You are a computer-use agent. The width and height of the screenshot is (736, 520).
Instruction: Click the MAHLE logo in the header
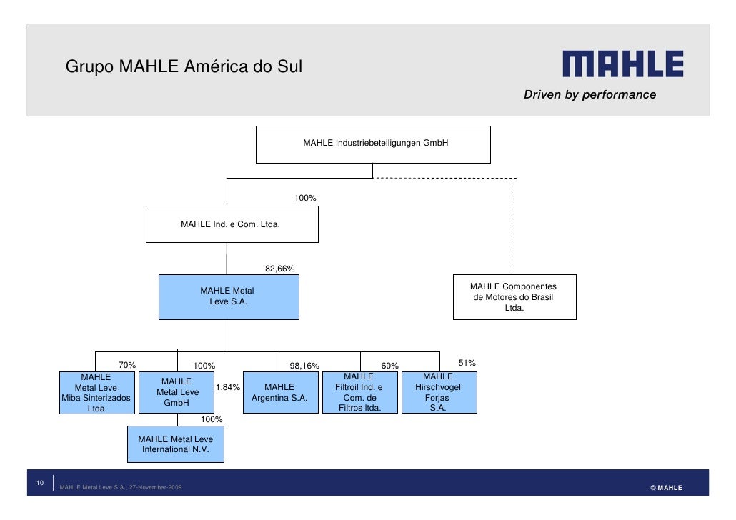(622, 64)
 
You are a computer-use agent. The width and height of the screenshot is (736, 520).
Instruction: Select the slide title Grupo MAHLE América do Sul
(184, 67)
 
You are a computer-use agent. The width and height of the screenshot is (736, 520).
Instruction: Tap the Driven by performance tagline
(590, 94)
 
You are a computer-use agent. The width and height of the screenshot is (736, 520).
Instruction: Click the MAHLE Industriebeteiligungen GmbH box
(373, 144)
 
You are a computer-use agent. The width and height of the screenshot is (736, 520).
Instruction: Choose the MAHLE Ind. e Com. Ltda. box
(232, 224)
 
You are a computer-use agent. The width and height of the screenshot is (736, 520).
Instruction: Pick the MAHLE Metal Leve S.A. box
(229, 296)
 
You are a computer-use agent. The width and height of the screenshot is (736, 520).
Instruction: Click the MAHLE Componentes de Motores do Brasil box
(514, 297)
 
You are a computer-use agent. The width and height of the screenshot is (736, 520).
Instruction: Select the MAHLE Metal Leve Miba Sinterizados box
(96, 393)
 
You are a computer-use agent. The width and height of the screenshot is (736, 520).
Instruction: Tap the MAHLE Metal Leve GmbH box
(177, 392)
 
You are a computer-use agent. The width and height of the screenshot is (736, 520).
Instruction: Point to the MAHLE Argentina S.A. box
(279, 392)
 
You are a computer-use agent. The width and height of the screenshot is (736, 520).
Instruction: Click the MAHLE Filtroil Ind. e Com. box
(359, 392)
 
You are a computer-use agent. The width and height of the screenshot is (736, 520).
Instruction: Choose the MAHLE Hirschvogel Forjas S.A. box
(439, 392)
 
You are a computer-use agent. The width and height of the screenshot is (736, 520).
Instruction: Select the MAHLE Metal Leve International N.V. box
(175, 444)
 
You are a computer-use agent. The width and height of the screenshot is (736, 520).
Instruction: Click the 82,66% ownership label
(279, 269)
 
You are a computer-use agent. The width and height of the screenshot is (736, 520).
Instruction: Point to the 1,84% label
(227, 387)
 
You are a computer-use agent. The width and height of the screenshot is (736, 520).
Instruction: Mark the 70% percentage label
(127, 365)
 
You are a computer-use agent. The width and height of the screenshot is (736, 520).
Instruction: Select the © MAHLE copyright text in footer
(666, 488)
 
